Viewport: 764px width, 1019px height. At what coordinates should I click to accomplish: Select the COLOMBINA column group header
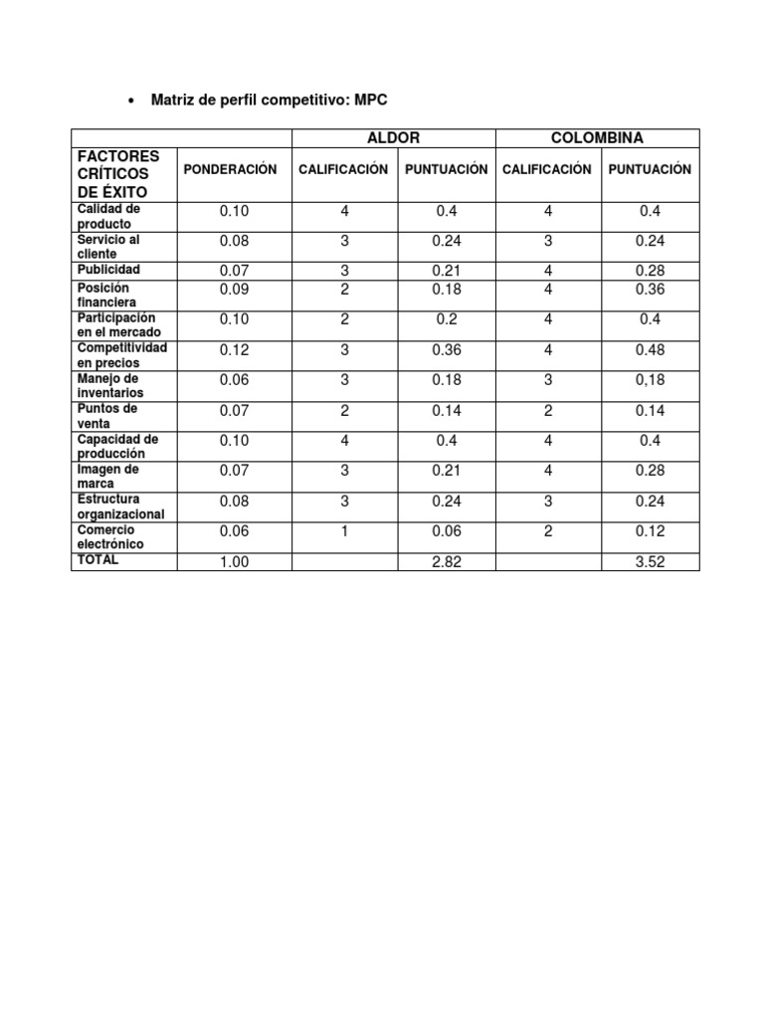pyautogui.click(x=597, y=138)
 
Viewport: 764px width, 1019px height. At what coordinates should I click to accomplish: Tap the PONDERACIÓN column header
pyautogui.click(x=234, y=169)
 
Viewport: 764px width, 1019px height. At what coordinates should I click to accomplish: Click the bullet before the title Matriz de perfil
pyautogui.click(x=132, y=101)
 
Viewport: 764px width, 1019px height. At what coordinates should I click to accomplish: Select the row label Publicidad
pyautogui.click(x=110, y=270)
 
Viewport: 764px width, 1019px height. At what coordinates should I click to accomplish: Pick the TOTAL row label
pyautogui.click(x=96, y=560)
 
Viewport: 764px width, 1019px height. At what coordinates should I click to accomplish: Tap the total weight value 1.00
pyautogui.click(x=234, y=562)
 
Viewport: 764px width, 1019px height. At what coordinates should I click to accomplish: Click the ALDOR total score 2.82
pyautogui.click(x=447, y=562)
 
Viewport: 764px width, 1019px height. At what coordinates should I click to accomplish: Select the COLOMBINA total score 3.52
pyautogui.click(x=650, y=562)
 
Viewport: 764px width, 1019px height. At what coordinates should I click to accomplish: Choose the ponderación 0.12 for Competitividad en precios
pyautogui.click(x=234, y=350)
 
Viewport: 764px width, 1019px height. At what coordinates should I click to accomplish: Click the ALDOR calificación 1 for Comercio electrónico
pyautogui.click(x=344, y=532)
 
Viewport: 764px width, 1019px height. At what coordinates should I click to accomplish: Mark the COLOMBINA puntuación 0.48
pyautogui.click(x=650, y=350)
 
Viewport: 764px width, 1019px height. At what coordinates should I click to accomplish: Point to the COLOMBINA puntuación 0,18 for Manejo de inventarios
pyautogui.click(x=650, y=380)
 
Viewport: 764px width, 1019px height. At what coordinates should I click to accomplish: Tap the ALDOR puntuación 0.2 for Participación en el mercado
pyautogui.click(x=447, y=320)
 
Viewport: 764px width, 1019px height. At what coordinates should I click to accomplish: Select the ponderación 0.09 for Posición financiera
pyautogui.click(x=234, y=290)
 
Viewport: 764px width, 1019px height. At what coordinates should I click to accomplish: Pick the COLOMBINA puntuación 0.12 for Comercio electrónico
pyautogui.click(x=650, y=532)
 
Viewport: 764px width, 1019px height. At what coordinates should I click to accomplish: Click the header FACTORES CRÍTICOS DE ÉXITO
pyautogui.click(x=118, y=174)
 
